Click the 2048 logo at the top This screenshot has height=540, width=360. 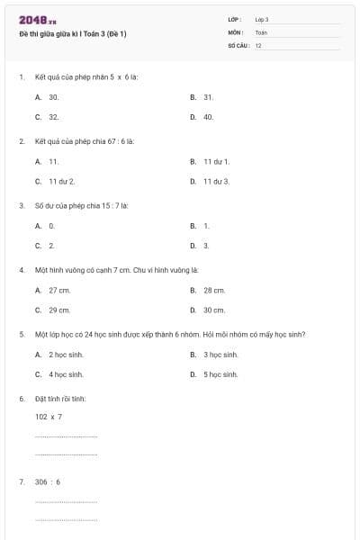[x=37, y=20]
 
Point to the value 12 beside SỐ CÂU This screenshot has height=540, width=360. [x=258, y=44]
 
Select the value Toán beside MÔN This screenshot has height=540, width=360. [x=261, y=31]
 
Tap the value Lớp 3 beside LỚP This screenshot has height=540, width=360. [x=262, y=19]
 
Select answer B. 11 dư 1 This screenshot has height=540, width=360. [x=211, y=161]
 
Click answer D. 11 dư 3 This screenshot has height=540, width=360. [x=211, y=181]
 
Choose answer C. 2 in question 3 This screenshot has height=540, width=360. [x=45, y=246]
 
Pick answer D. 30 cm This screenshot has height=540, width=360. [x=208, y=310]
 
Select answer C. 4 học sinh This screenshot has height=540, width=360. [x=59, y=374]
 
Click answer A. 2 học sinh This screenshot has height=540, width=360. [x=59, y=355]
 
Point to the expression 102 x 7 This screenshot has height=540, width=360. [x=49, y=417]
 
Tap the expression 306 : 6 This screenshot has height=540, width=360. [x=49, y=481]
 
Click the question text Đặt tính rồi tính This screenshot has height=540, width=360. [x=60, y=398]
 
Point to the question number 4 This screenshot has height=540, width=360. [x=21, y=269]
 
